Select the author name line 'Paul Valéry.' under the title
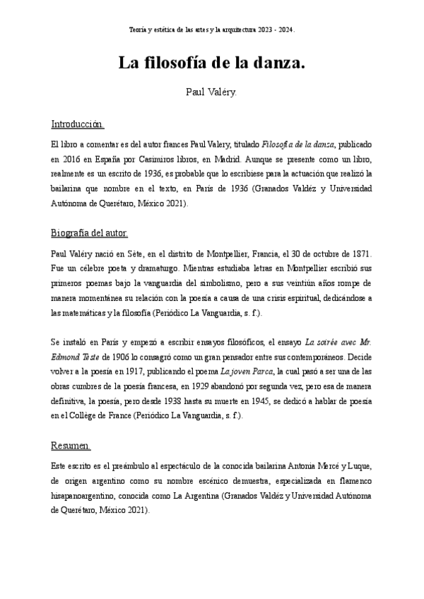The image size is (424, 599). tap(211, 92)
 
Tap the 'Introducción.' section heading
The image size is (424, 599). tap(78, 125)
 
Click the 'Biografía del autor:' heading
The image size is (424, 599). tap(90, 232)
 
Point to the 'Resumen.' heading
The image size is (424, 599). tap(71, 446)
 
